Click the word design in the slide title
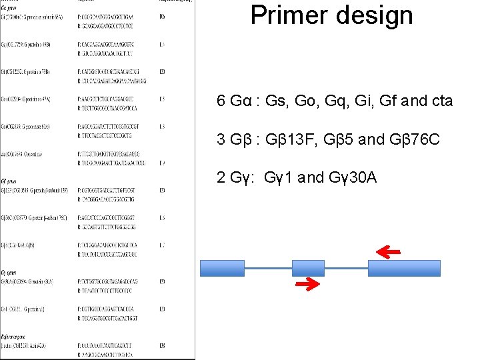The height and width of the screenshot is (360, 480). (375, 15)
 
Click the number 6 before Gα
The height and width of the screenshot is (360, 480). (221, 101)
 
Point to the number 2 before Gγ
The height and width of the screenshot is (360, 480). (221, 177)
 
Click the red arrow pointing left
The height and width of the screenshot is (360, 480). (388, 251)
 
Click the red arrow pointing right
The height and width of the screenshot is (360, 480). (307, 285)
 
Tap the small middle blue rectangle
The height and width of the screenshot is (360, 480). (308, 268)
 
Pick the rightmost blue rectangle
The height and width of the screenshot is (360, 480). (404, 268)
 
